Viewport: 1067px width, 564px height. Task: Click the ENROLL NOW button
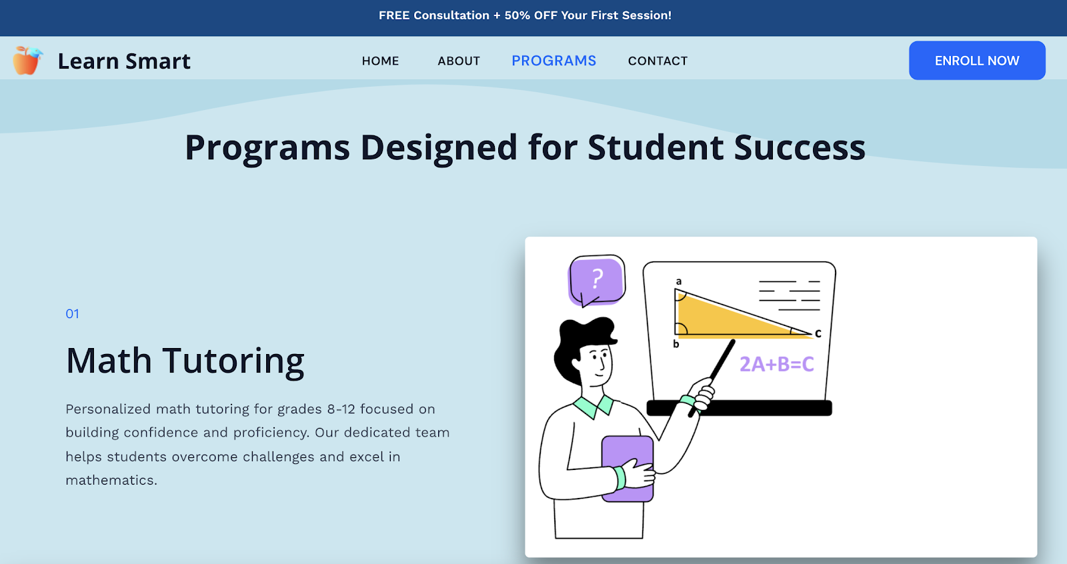[977, 61]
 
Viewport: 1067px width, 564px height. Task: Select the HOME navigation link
[380, 61]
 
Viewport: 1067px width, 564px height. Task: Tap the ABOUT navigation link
[459, 61]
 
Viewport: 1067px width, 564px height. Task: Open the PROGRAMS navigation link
[554, 61]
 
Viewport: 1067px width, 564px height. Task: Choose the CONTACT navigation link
[658, 61]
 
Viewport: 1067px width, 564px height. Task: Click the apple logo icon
[27, 61]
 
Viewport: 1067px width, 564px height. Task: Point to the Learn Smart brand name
[124, 61]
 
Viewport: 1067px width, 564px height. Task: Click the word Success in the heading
[800, 147]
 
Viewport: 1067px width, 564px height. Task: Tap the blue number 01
[73, 314]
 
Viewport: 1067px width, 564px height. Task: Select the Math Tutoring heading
[185, 361]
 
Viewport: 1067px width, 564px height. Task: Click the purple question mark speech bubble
[596, 281]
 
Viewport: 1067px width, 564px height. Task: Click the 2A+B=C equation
[776, 365]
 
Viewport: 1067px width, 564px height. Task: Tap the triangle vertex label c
[818, 333]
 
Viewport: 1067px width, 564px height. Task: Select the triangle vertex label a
[679, 281]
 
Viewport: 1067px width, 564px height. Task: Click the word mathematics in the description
[111, 480]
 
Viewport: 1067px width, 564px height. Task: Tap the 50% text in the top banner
[517, 15]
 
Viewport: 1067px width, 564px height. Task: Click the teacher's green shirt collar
[594, 406]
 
